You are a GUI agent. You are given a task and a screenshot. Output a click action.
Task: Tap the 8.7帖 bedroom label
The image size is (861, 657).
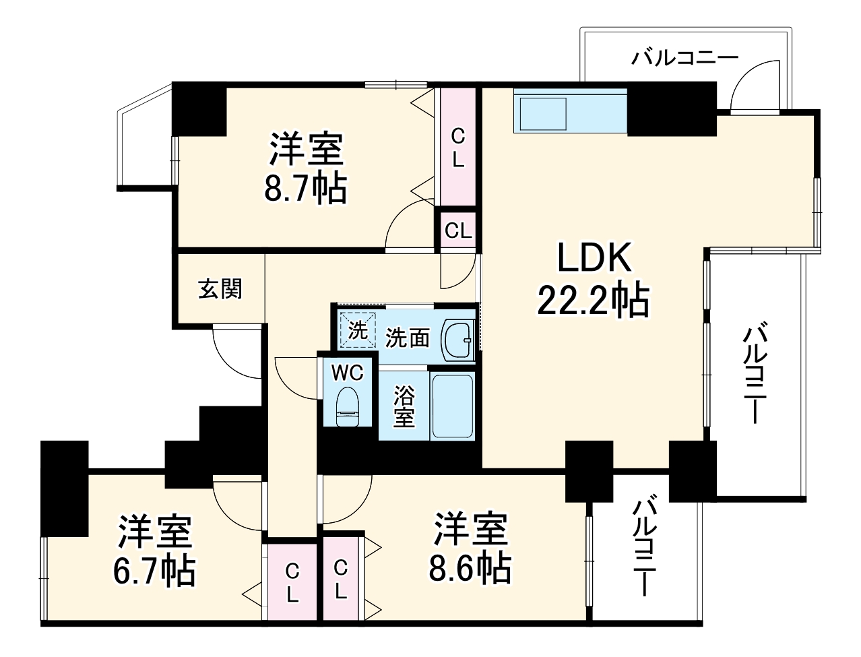306,168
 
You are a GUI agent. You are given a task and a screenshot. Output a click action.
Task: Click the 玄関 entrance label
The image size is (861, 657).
220,289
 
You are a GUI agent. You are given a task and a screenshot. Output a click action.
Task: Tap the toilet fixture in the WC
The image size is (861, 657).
348,407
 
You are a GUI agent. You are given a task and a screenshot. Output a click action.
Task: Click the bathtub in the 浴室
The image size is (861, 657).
452,406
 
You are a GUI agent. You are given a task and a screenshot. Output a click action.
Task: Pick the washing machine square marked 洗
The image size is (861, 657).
357,330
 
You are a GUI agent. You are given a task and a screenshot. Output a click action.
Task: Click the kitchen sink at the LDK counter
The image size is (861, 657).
543,114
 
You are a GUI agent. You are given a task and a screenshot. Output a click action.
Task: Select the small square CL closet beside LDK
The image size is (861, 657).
457,231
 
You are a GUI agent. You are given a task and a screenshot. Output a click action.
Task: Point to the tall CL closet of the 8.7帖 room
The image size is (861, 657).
457,147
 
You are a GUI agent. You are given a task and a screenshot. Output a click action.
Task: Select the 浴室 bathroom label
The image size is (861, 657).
404,406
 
